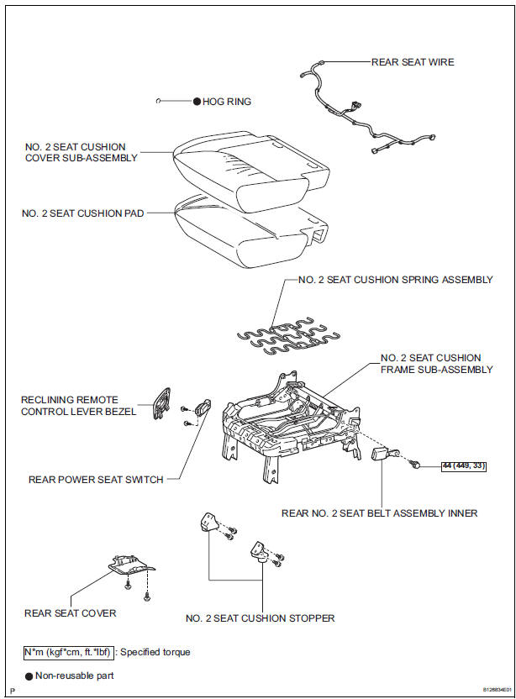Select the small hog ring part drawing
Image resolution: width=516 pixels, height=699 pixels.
pyautogui.click(x=158, y=102)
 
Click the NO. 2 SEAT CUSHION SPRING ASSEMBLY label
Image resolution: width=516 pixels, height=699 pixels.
pyautogui.click(x=395, y=280)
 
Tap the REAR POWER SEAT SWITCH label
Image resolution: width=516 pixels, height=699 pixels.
pyautogui.click(x=96, y=480)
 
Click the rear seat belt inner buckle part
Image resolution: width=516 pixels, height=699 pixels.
pyautogui.click(x=383, y=455)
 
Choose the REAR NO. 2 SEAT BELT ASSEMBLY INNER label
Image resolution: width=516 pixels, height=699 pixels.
pyautogui.click(x=379, y=512)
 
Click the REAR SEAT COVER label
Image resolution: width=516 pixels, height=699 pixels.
pyautogui.click(x=71, y=612)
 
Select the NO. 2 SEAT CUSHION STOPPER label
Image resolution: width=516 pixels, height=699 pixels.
pyautogui.click(x=261, y=618)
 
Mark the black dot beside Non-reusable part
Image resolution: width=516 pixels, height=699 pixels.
pyautogui.click(x=29, y=675)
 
